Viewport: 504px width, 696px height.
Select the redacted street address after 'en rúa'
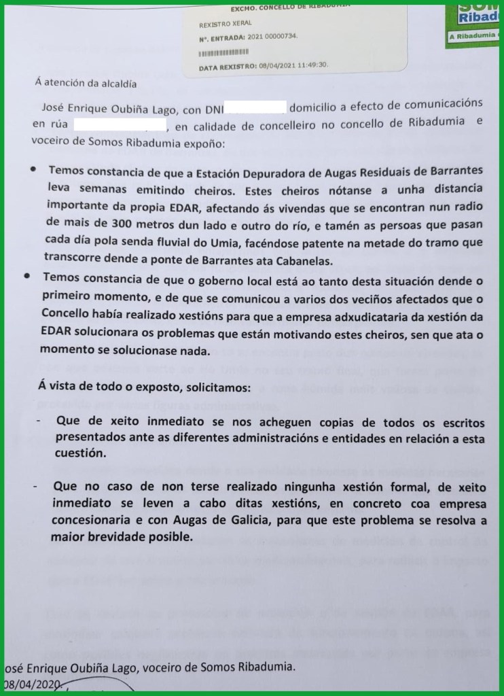coord(119,125)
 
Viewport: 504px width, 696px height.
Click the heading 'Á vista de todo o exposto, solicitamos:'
coord(143,385)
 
